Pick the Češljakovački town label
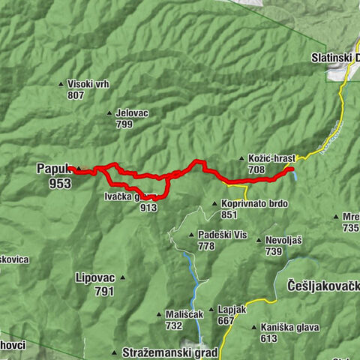tap(323, 285)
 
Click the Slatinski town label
tap(334, 57)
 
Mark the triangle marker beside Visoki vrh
tap(61, 84)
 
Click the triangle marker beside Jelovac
tap(110, 112)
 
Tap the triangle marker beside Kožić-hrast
tap(241, 159)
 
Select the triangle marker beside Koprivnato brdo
tap(215, 203)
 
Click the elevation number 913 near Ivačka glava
tap(148, 208)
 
